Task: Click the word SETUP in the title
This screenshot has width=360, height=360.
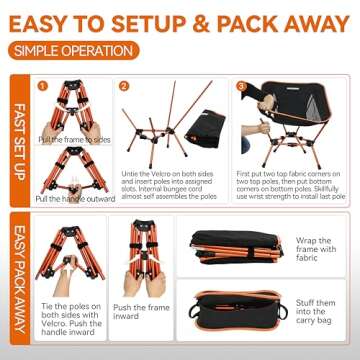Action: [141, 20]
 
